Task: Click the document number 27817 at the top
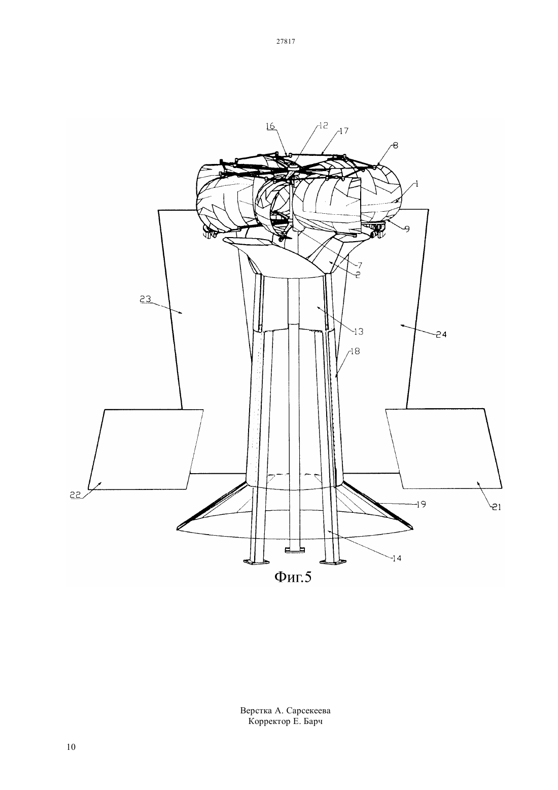[x=285, y=41]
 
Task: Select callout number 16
[x=270, y=126]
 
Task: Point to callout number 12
[x=324, y=125]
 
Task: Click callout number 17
[x=343, y=131]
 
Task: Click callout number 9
[x=407, y=229]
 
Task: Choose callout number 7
[x=359, y=266]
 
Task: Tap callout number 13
[x=359, y=332]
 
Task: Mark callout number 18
[x=355, y=351]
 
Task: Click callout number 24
[x=441, y=335]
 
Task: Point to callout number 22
[x=76, y=495]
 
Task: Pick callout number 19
[x=422, y=504]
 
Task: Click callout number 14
[x=397, y=558]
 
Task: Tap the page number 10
[x=71, y=747]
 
